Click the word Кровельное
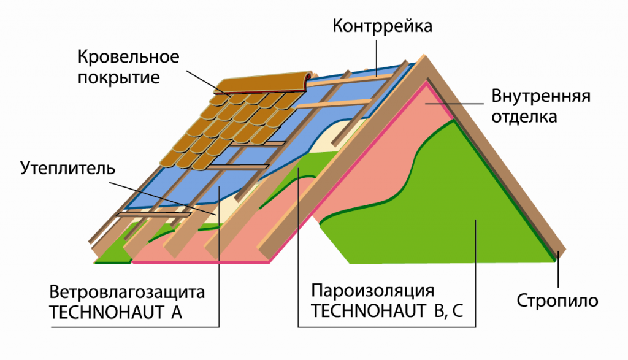coord(128,58)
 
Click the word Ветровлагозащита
coord(127,291)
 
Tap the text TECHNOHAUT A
coord(116,312)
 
